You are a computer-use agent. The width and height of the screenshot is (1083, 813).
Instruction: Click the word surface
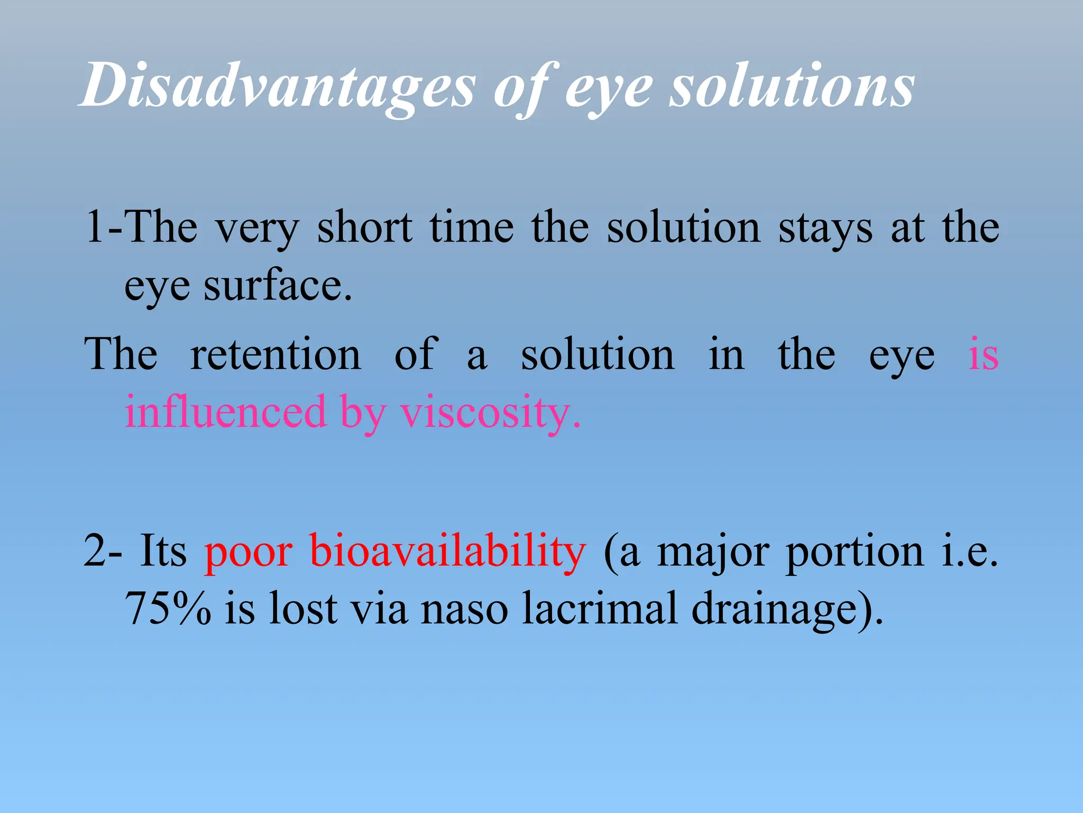pos(277,286)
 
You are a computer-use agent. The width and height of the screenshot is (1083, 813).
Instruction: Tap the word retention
pos(276,354)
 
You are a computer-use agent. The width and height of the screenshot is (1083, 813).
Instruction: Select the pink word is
pos(983,354)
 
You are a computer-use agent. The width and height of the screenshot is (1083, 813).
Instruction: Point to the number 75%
pos(168,608)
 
